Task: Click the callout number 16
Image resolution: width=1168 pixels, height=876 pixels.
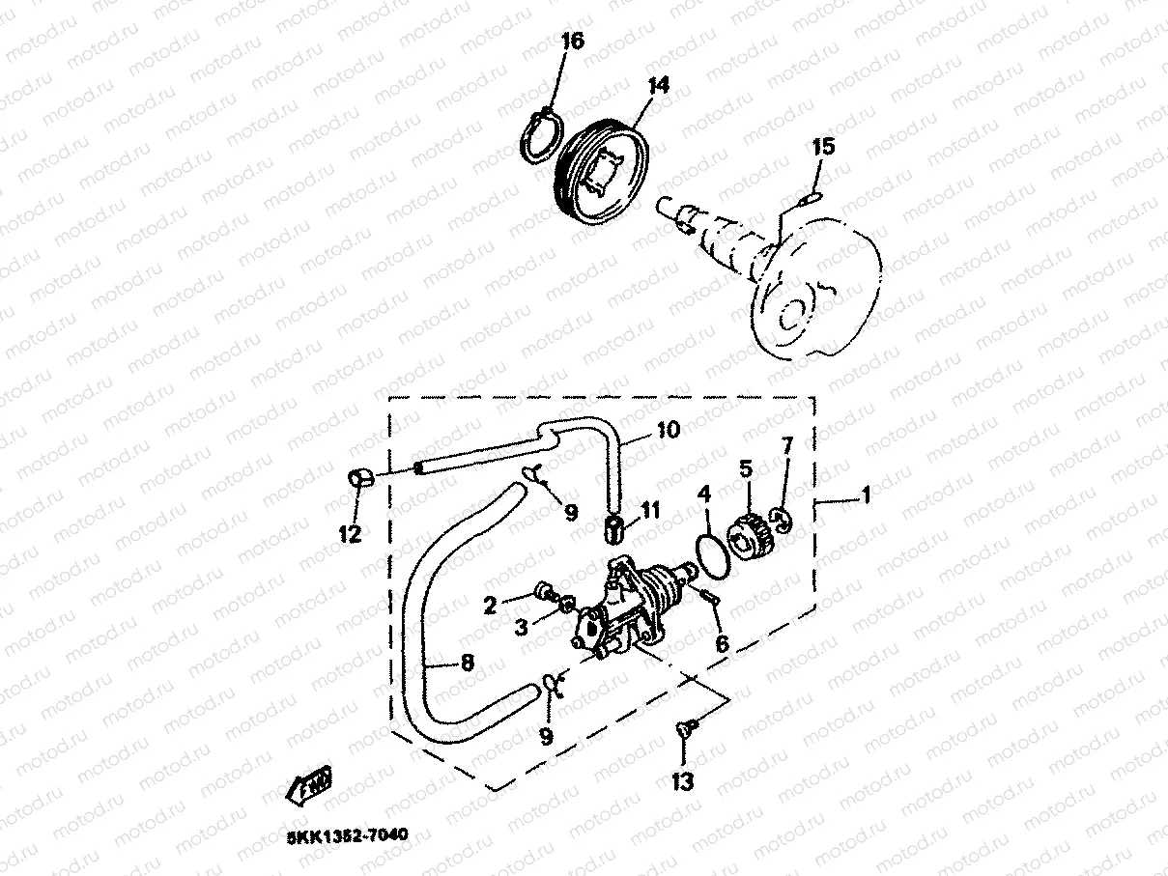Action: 572,42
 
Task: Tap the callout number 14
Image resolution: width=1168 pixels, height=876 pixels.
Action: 657,86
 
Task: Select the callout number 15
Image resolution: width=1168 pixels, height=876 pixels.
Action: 822,148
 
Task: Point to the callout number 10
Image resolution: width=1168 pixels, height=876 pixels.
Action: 669,429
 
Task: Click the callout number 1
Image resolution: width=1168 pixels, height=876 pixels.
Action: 866,495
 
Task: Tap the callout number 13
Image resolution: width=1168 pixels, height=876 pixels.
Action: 682,781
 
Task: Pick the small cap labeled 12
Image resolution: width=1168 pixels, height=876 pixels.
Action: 358,477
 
